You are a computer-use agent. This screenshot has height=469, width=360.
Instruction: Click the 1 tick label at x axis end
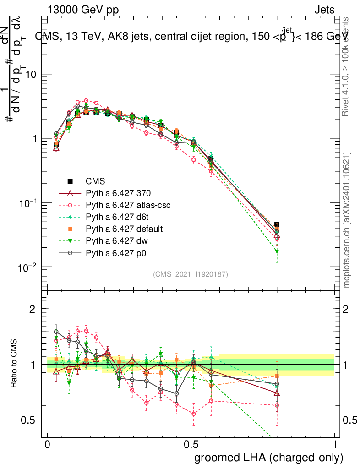tap(335, 445)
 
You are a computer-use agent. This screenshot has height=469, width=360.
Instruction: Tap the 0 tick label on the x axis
tap(47, 445)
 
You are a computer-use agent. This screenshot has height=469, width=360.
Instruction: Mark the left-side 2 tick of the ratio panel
tap(32, 309)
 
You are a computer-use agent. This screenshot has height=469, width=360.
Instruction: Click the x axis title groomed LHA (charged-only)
tap(269, 458)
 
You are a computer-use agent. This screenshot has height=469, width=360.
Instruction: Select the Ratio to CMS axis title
tap(15, 365)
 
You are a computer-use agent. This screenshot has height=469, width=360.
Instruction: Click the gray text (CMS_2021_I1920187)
tap(191, 274)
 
